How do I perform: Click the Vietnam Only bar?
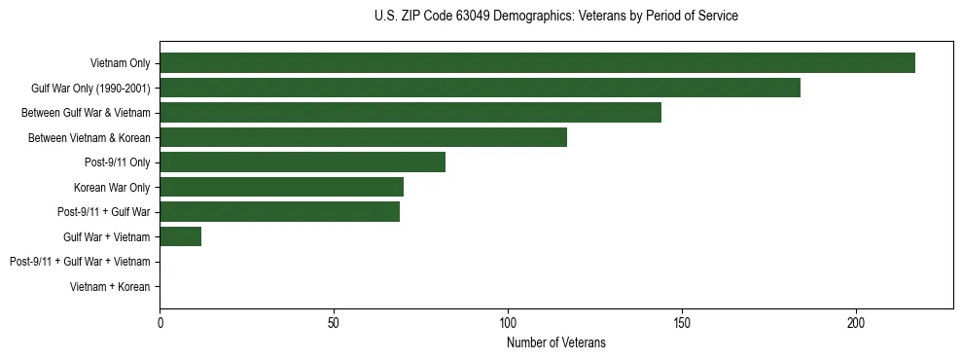537,63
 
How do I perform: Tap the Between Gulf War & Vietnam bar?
410,113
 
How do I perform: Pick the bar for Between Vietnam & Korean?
363,137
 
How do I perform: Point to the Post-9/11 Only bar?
303,162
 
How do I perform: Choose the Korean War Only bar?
281,187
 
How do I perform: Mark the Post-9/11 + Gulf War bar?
279,212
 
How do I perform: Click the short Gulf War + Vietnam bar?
181,236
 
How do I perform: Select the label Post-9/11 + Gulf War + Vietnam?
80,262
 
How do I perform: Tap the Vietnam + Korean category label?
110,287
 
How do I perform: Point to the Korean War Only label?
112,187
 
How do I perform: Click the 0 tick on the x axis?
160,322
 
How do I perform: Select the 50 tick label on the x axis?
334,322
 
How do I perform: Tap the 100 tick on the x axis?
508,322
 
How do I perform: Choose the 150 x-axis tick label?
682,322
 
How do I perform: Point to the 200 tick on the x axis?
856,322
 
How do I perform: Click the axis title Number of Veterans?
556,342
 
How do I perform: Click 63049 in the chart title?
478,17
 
